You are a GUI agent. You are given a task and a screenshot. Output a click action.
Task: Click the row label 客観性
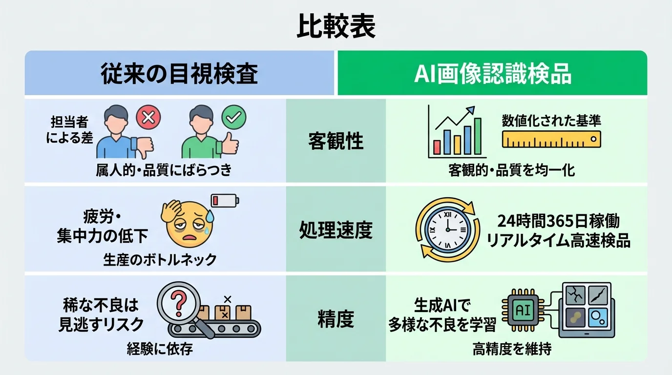(x=336, y=142)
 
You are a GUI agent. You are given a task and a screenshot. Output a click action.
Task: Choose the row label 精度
(x=336, y=319)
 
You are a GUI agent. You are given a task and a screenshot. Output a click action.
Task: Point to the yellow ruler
(x=551, y=140)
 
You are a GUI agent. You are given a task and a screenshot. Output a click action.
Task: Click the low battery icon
(x=225, y=200)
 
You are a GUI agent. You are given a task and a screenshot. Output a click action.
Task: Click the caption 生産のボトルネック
(x=160, y=260)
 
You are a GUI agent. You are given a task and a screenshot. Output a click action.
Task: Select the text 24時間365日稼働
(x=559, y=222)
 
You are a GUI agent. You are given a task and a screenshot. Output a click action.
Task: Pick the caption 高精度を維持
(x=512, y=349)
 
